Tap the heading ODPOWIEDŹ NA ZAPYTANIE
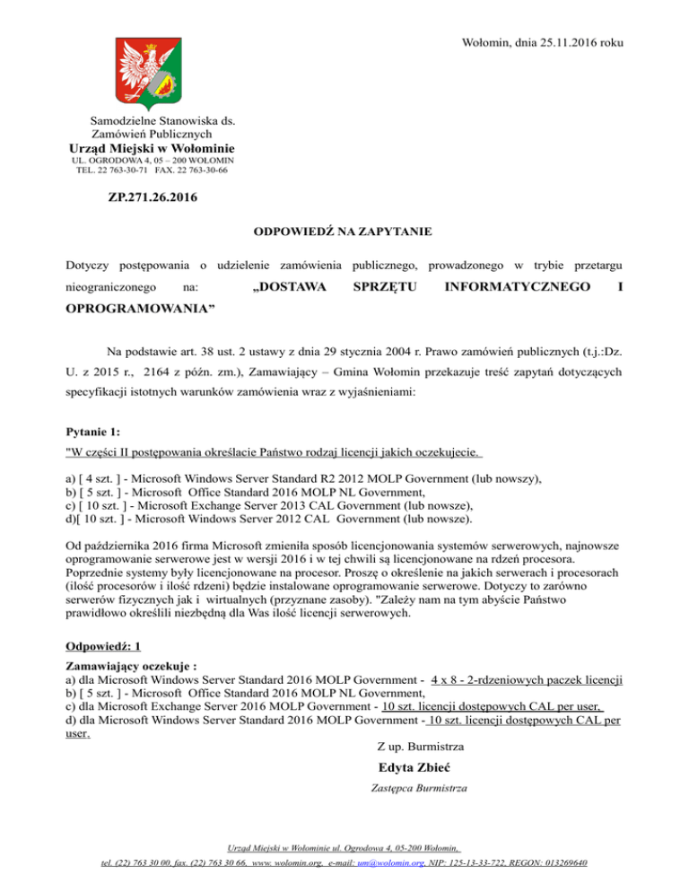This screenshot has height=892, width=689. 344,232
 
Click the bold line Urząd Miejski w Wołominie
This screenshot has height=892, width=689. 152,148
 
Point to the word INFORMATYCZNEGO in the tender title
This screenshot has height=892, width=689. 512,288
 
